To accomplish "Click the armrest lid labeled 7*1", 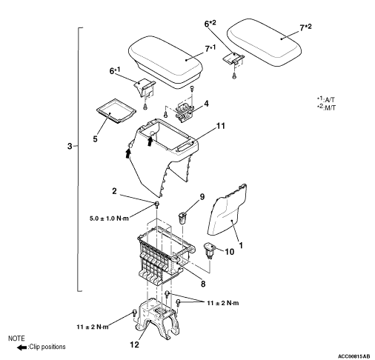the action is [x=165, y=62].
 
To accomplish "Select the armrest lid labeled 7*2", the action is [x=264, y=42].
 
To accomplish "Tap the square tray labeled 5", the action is [x=116, y=110].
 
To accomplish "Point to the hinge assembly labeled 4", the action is [x=185, y=112].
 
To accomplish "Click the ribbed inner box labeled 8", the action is [x=165, y=256].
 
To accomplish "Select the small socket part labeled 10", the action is [x=210, y=250].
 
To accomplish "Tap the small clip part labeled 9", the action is [x=182, y=218].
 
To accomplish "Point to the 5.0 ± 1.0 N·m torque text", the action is [x=109, y=219].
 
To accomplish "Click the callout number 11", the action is [x=221, y=126].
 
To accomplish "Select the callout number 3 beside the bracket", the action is [x=70, y=146].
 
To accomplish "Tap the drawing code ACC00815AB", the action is [x=354, y=356].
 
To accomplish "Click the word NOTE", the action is [x=16, y=339].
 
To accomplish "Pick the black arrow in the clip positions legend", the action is [x=21, y=347].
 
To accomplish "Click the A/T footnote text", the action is [x=326, y=99].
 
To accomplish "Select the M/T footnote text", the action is [x=326, y=107].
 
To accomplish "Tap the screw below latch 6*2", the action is [x=234, y=76].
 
